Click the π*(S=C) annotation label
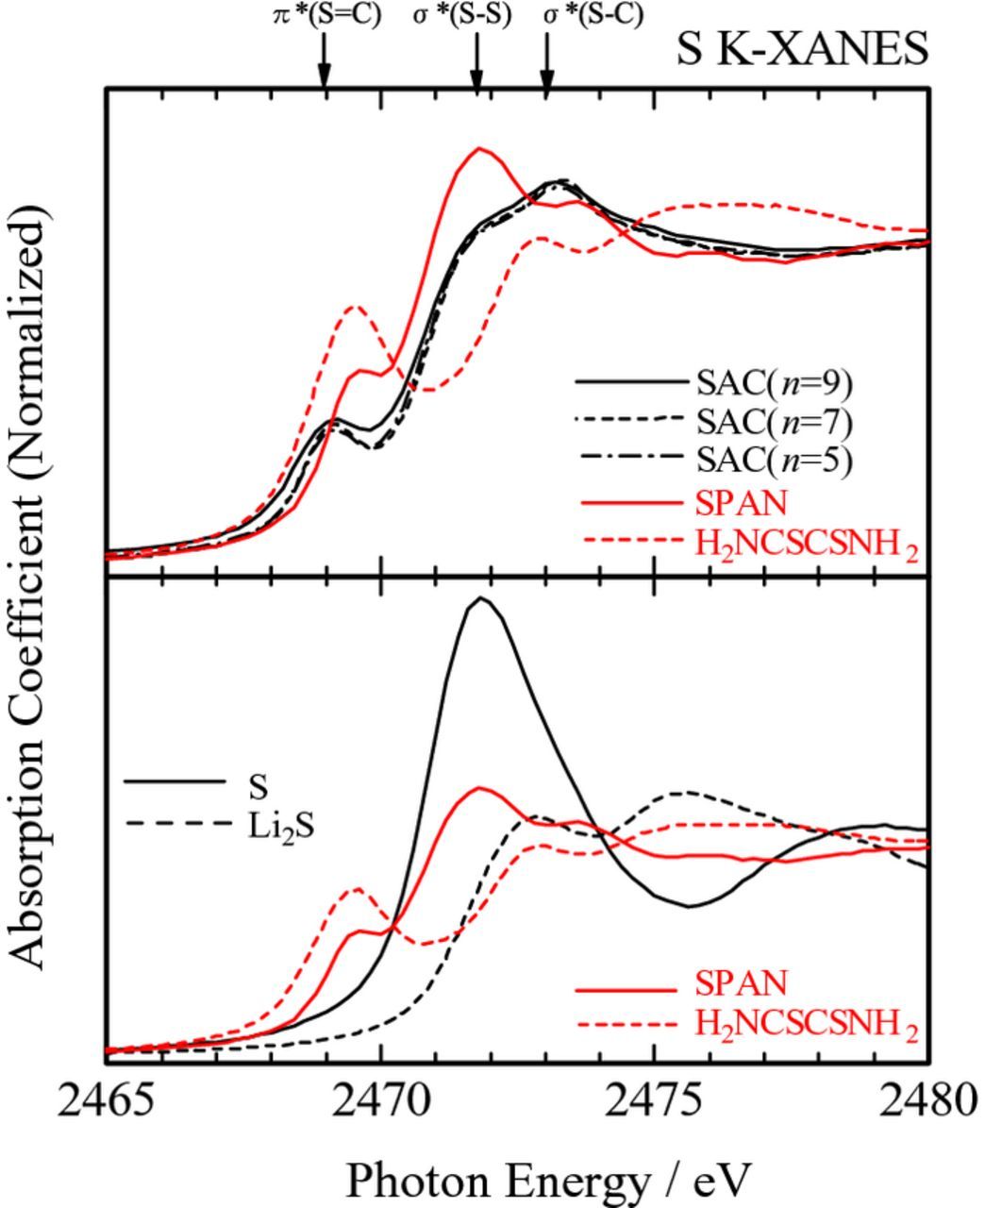click(326, 16)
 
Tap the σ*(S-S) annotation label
click(462, 16)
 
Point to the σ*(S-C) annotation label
click(593, 16)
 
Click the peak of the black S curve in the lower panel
click(481, 598)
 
